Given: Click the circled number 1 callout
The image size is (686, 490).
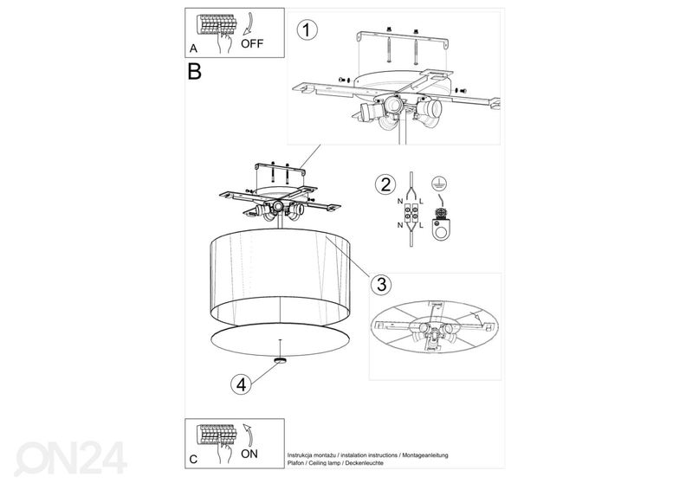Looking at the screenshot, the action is [307, 30].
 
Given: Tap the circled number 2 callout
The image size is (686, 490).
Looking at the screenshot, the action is [385, 184].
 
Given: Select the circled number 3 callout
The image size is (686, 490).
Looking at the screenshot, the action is [381, 284].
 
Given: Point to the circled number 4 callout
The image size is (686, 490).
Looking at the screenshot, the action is [241, 384].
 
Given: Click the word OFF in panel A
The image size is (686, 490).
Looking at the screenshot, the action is [252, 43].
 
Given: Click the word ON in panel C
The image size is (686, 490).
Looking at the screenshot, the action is [249, 454].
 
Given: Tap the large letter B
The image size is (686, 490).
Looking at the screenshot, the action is [194, 72].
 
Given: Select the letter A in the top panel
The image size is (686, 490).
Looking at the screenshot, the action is [193, 48].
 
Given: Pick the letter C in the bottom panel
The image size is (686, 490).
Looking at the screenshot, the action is [193, 460].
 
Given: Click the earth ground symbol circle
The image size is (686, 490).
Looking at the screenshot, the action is [439, 184].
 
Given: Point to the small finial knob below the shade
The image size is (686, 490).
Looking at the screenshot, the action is [280, 359].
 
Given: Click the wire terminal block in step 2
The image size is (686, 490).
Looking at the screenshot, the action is [411, 213].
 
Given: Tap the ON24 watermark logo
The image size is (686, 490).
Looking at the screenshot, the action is [71, 458].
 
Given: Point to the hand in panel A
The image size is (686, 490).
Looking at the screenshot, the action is [225, 42].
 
